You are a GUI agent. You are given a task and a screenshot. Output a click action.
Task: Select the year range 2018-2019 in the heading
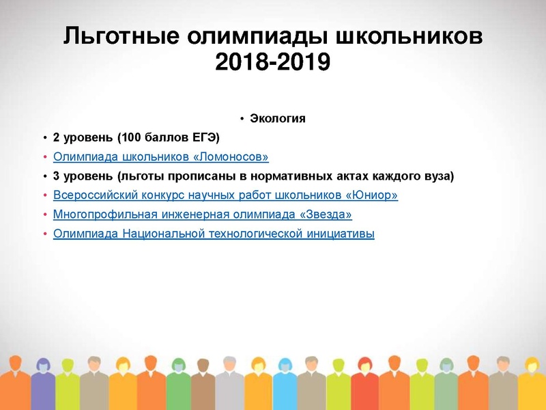(x=272, y=62)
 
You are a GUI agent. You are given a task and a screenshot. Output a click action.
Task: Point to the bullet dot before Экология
(x=242, y=120)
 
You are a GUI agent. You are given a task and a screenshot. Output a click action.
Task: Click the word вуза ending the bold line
(x=437, y=176)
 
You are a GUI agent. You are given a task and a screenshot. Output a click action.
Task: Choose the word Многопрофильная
(x=100, y=215)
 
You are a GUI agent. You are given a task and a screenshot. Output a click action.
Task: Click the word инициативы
(x=341, y=234)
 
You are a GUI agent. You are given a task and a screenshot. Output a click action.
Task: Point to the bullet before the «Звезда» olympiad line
(x=46, y=215)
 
